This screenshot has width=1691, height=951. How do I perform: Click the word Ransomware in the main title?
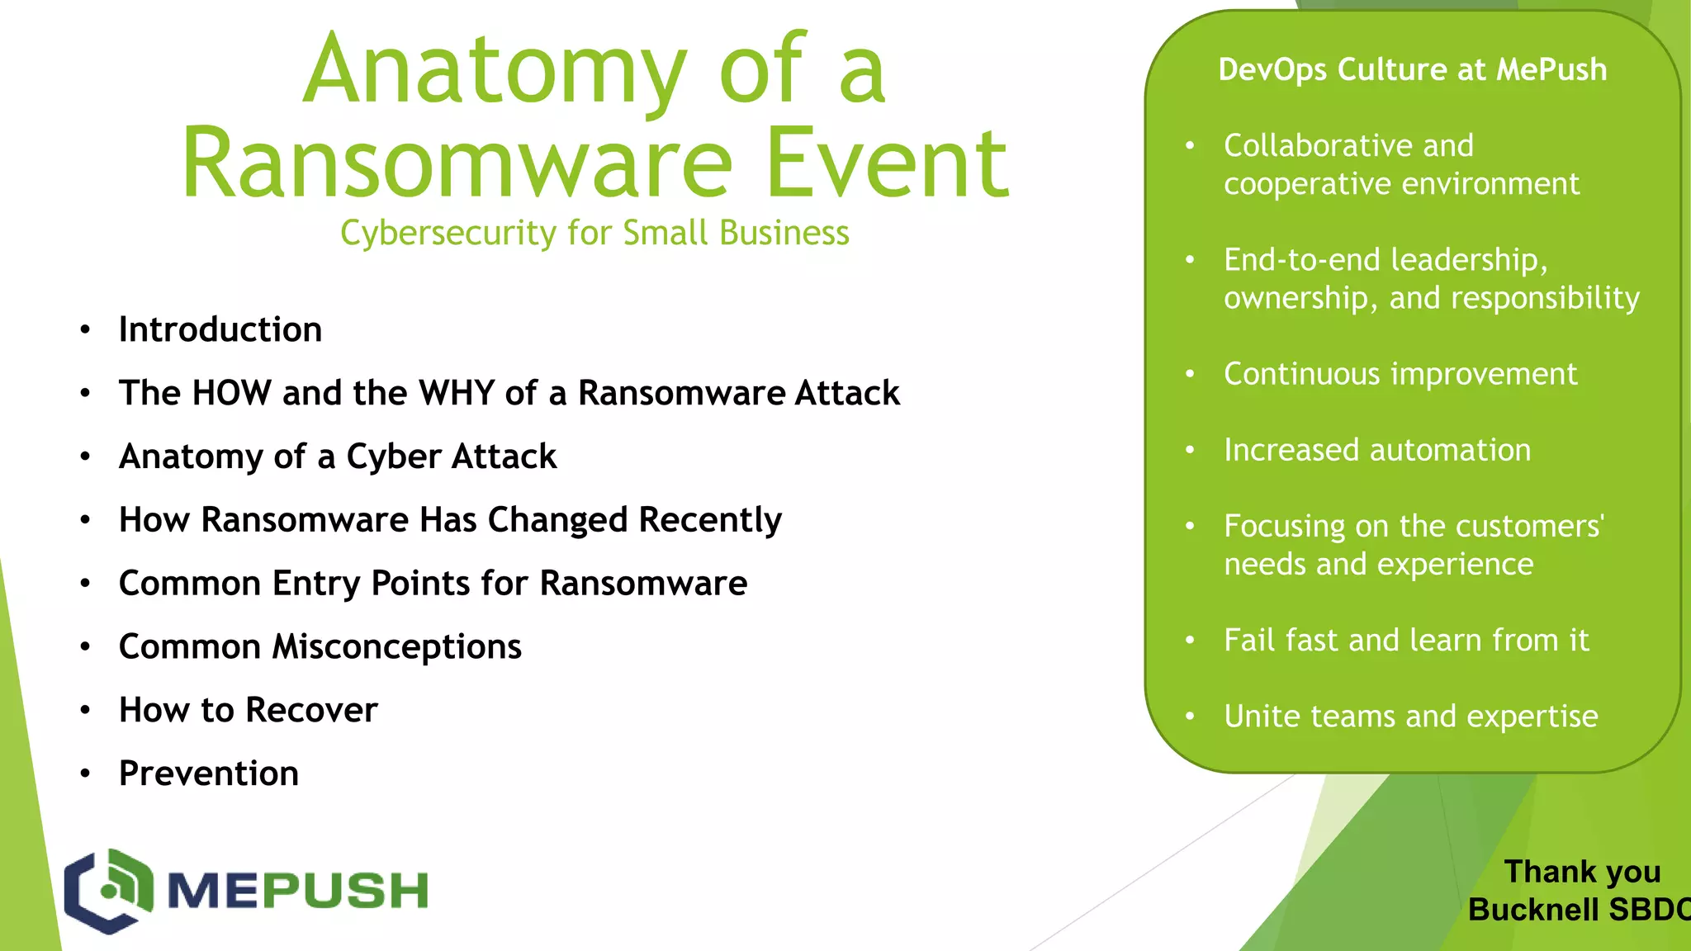[x=457, y=163]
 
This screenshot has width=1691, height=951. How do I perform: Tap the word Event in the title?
[x=888, y=163]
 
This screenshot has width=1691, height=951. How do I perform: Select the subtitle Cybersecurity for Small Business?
[x=594, y=233]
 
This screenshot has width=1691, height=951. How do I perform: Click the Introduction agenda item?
[x=220, y=329]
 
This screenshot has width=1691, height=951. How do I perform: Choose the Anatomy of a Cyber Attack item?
[x=338, y=457]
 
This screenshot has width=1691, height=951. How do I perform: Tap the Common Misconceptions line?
[x=320, y=646]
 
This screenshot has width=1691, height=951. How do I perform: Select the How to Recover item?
[x=248, y=710]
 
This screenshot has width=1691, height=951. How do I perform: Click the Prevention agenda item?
[x=208, y=774]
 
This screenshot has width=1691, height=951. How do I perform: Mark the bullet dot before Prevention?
[x=85, y=774]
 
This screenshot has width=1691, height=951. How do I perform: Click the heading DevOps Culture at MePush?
[x=1412, y=69]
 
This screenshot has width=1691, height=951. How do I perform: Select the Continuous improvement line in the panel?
[x=1400, y=374]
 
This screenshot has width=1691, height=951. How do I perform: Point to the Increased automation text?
[x=1376, y=450]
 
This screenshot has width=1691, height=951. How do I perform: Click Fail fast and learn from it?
[x=1405, y=641]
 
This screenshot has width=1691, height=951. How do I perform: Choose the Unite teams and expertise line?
[x=1410, y=717]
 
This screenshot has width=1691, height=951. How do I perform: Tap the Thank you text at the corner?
[x=1581, y=872]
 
